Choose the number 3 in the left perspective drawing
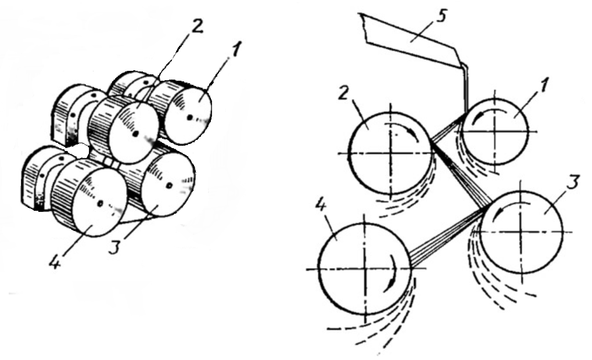114,247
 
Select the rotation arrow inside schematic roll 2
404,129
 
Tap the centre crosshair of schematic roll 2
391,153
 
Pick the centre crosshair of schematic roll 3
521,231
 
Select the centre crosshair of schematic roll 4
365,269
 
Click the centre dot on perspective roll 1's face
189,117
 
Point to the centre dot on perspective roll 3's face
170,185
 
